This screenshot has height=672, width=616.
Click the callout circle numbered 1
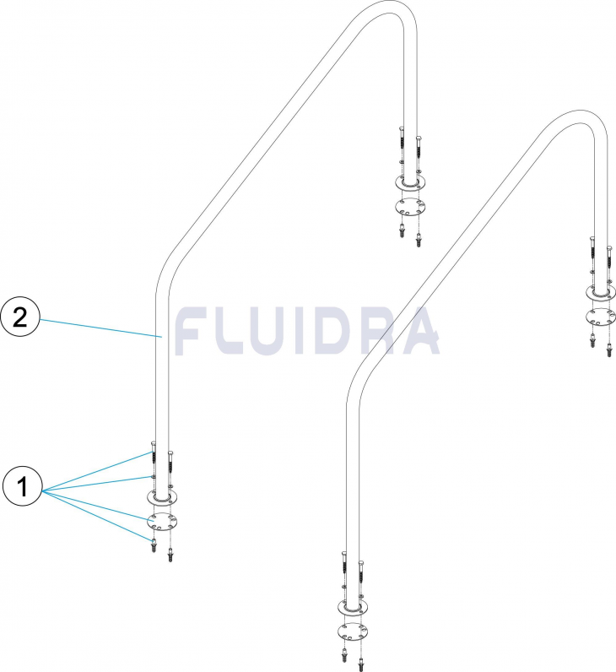coord(22,486)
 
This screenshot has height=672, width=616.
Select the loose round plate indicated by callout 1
coord(162,522)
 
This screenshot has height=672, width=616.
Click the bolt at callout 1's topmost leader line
coord(153,456)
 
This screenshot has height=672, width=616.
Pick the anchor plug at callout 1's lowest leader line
coord(154,545)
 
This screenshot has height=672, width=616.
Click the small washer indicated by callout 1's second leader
coord(152,477)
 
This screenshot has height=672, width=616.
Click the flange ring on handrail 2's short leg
coord(410,182)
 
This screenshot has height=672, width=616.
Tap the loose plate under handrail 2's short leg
coord(410,207)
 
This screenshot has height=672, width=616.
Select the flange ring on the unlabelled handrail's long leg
coord(354,608)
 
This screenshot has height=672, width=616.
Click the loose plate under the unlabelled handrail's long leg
coord(354,632)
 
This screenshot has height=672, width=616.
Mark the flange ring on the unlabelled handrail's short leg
coord(601,292)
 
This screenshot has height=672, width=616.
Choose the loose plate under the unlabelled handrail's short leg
coord(601,317)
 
